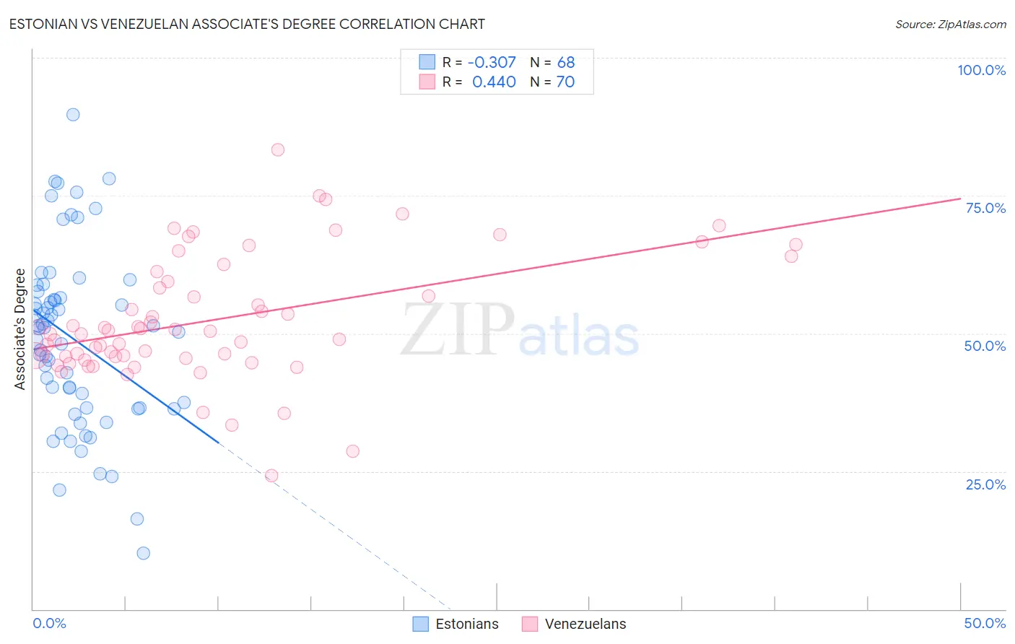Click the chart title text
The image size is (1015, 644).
point(247,24)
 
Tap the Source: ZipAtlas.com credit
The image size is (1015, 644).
point(950,24)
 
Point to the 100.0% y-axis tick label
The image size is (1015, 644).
point(981,70)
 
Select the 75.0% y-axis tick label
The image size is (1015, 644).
point(985,208)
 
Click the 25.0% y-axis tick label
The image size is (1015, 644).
point(985,484)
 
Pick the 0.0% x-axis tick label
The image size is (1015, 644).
point(49,623)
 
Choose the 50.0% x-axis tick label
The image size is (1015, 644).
point(985,623)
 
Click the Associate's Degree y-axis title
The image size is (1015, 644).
point(20,329)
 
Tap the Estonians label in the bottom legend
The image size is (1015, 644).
point(466,624)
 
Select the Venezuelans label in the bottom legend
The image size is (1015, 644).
point(585,624)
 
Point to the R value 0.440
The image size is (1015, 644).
point(494,82)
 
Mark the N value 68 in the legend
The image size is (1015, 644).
point(566,63)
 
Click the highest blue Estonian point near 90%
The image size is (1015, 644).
point(73,114)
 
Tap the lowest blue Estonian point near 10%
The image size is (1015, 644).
point(143,553)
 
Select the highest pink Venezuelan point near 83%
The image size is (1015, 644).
point(278,149)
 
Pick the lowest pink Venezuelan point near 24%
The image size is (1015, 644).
point(271,475)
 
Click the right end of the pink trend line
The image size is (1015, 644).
point(960,199)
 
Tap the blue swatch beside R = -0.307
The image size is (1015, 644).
point(427,62)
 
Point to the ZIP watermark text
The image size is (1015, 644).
point(458,329)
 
